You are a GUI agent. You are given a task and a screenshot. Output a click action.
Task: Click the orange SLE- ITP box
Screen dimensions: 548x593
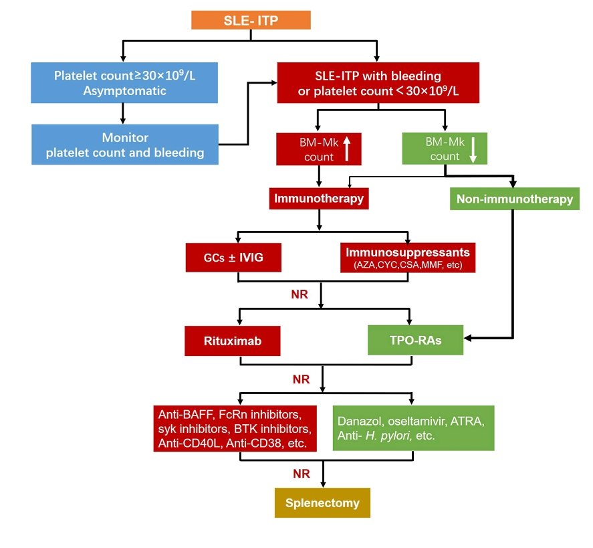251,20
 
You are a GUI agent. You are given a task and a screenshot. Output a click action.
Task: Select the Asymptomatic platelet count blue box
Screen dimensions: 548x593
124,83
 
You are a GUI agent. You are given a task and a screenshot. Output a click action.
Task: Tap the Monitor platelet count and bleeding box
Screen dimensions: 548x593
124,145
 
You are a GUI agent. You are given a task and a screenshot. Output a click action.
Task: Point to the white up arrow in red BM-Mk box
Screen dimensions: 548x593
346,149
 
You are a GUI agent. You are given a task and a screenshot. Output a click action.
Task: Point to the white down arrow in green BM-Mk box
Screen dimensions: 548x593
473,149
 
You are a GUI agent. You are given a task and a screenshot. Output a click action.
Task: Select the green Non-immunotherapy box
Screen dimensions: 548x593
514,199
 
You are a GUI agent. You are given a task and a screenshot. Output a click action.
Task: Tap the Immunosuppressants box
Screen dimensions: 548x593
408,257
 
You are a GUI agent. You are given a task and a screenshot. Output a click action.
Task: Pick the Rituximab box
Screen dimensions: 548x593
233,341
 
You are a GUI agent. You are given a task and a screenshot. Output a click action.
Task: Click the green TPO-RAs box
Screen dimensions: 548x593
415,341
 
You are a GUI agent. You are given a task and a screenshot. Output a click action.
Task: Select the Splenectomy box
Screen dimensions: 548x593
323,503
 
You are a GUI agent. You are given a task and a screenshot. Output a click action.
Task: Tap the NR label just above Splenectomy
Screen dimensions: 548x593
300,473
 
